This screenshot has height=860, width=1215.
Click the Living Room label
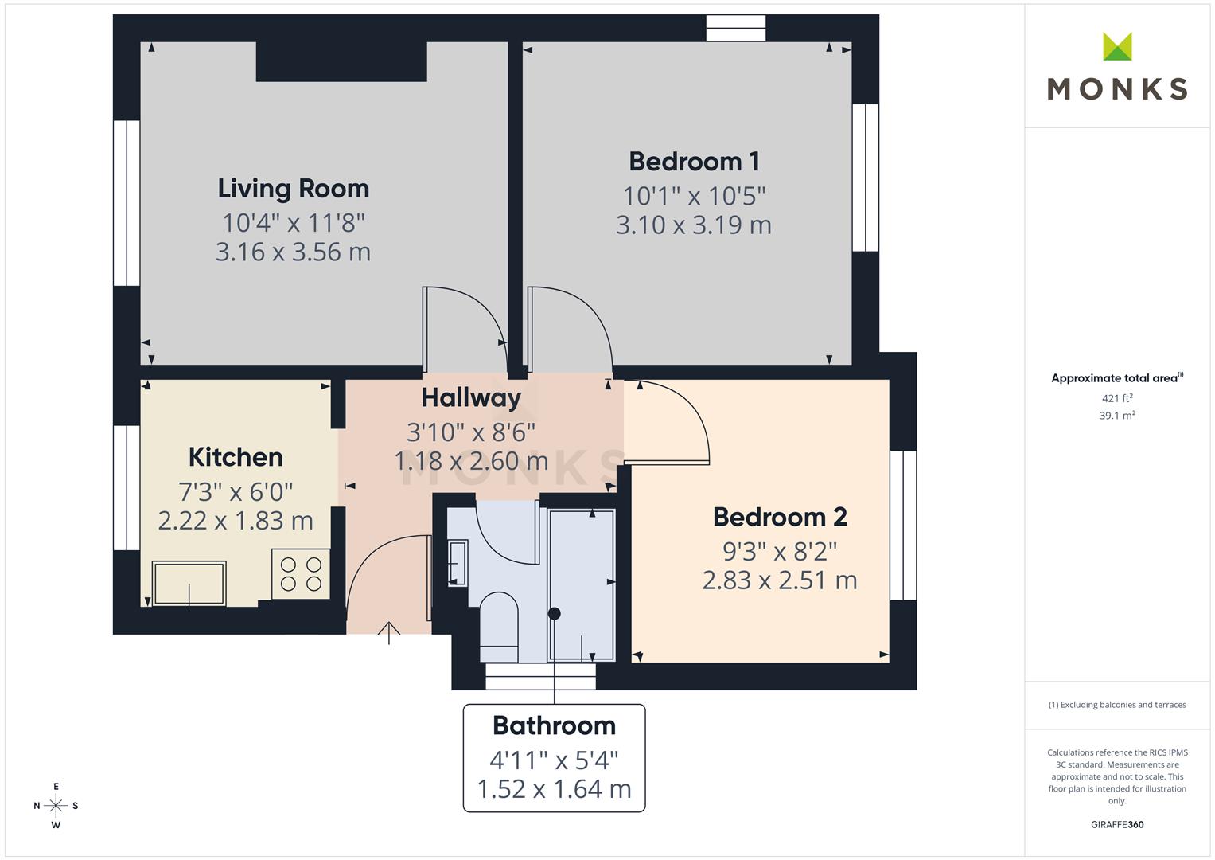[293, 189]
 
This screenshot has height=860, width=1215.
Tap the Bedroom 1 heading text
[694, 162]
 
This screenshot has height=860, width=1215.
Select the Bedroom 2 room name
[779, 518]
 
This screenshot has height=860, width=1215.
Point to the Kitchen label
[236, 457]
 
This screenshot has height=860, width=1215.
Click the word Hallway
[471, 397]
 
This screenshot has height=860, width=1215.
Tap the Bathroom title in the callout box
[554, 726]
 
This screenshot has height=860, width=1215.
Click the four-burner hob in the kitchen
[301, 574]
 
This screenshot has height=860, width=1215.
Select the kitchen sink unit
[189, 583]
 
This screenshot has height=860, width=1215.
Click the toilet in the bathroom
[499, 626]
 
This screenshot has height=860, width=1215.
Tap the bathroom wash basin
[458, 562]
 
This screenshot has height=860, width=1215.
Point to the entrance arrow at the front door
[388, 632]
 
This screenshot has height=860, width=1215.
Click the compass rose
[56, 806]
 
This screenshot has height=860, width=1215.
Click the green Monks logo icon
[1117, 47]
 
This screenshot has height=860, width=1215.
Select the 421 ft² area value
[1117, 398]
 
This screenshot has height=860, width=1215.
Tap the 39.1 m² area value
[1117, 416]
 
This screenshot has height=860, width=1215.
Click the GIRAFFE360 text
[1117, 825]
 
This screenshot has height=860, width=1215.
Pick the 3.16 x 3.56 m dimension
[293, 252]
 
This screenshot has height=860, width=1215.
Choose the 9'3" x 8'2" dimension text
[779, 551]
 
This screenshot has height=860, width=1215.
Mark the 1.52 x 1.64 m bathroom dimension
[554, 789]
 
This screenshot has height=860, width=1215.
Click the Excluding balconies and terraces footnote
[1117, 705]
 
